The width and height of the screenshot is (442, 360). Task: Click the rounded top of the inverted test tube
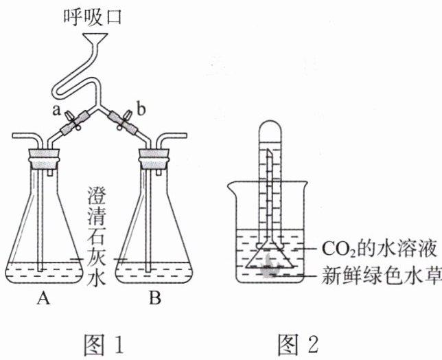point(270,126)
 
